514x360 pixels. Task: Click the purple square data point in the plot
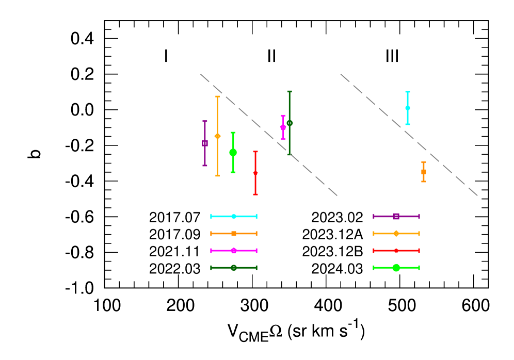(x=205, y=143)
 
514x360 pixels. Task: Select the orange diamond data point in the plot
(x=217, y=136)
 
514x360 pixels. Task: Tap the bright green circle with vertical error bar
(x=233, y=152)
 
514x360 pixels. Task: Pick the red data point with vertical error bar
(x=255, y=173)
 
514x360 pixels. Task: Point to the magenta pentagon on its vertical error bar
(x=283, y=127)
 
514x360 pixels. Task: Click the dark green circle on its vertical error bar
(x=290, y=123)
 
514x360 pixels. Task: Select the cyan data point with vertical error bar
(x=408, y=108)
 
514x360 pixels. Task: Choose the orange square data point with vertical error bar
(x=424, y=172)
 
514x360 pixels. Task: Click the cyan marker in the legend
(x=234, y=216)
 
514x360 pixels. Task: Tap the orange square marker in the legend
(x=234, y=234)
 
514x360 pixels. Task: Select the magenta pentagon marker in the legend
(x=234, y=251)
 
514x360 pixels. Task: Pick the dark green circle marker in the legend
(x=234, y=268)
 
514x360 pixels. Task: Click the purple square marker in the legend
(x=396, y=216)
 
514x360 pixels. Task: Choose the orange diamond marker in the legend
(x=396, y=234)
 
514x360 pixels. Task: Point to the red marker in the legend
(x=396, y=251)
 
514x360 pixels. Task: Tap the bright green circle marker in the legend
(x=396, y=268)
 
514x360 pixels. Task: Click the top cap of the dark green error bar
(x=290, y=92)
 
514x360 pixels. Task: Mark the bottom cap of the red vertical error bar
(x=255, y=194)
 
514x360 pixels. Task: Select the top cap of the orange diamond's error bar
(x=217, y=96)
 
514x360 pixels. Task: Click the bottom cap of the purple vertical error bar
(x=205, y=166)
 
